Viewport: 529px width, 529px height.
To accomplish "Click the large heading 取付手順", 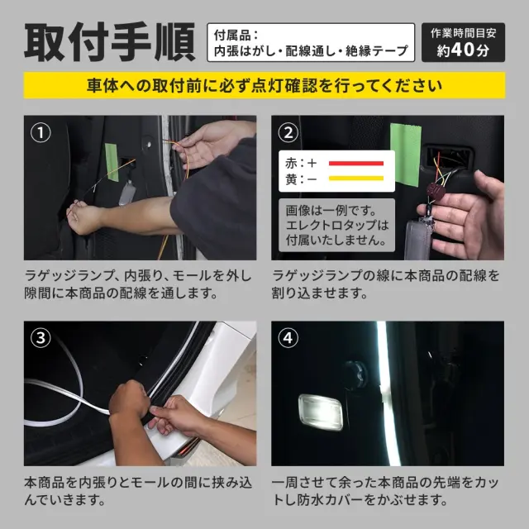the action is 110,42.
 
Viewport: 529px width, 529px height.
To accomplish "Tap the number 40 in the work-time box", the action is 463,50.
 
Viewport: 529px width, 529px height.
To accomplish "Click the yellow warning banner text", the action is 264,85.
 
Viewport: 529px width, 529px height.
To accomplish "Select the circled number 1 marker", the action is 41,132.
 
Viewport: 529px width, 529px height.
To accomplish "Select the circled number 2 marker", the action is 288,132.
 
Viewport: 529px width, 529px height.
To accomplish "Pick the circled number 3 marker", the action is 41,338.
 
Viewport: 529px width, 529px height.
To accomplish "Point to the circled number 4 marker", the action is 288,338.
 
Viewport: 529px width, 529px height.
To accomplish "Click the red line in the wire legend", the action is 356,164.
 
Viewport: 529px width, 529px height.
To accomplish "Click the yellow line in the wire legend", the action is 356,179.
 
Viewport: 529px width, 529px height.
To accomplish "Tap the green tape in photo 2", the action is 406,155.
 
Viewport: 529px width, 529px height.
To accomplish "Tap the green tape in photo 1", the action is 112,162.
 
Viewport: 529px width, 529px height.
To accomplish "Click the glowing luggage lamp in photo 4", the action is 321,412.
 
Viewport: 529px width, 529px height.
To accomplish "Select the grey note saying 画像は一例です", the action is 336,225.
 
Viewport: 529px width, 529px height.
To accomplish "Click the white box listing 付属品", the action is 311,42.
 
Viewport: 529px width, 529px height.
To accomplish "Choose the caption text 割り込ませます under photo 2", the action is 320,293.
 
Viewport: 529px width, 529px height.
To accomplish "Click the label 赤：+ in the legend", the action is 301,164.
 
